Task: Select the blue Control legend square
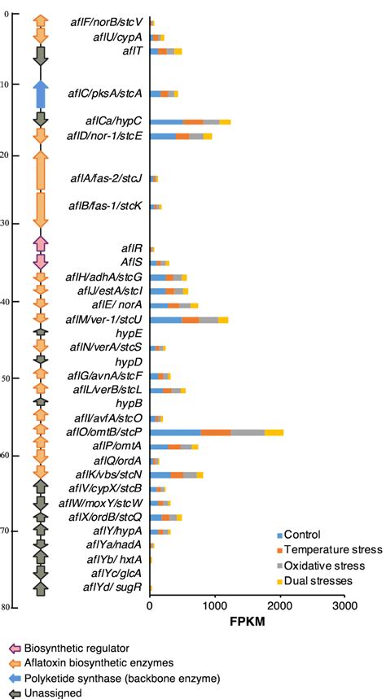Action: point(281,535)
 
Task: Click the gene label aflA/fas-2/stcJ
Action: point(109,177)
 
